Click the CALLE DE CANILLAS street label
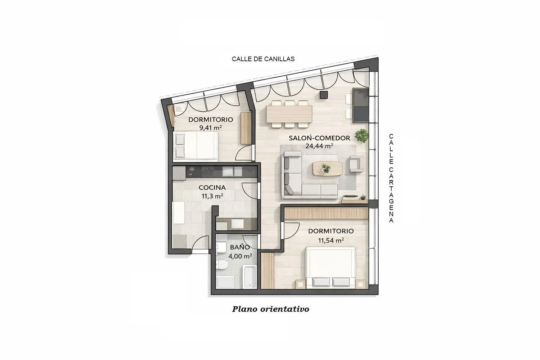click(263, 59)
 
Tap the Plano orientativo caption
click(270, 309)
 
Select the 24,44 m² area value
click(319, 146)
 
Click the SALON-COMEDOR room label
click(319, 138)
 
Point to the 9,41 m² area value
click(211, 127)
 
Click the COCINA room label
click(212, 187)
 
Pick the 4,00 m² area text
click(240, 256)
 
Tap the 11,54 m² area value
click(331, 240)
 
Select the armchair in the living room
click(356, 163)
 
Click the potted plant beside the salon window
click(361, 135)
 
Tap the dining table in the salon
click(289, 114)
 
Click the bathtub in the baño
click(249, 277)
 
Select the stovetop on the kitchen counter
click(208, 171)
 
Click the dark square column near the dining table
click(324, 95)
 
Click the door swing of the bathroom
click(250, 241)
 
